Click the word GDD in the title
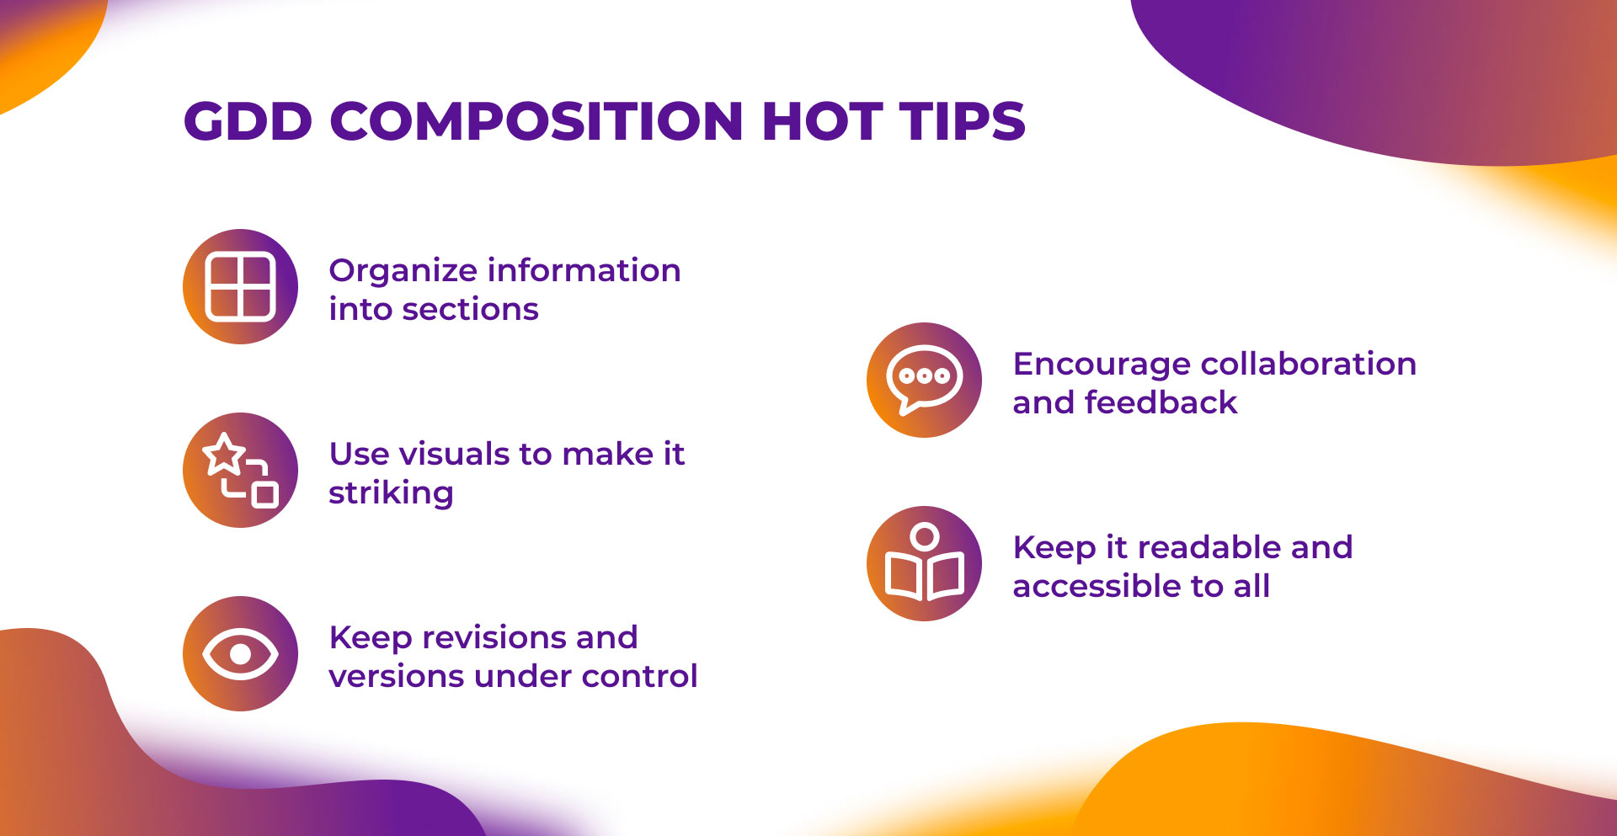click(248, 121)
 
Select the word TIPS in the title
click(963, 121)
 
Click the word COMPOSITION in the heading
click(536, 121)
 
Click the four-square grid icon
click(241, 286)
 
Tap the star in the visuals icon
click(224, 454)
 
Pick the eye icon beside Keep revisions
click(241, 654)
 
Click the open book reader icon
click(924, 562)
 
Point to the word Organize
click(404, 272)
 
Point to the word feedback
click(1161, 403)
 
